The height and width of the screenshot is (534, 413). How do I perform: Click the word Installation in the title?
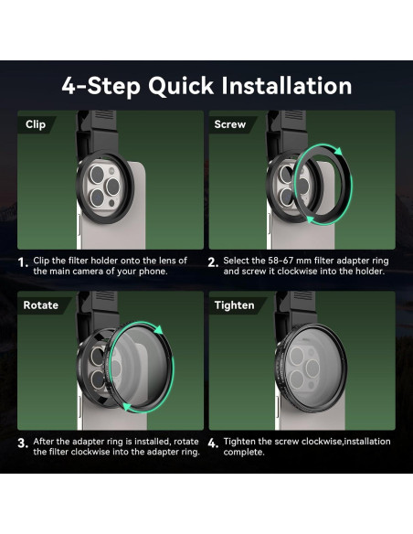coord(286,85)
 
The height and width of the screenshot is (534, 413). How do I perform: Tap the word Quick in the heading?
coord(181,87)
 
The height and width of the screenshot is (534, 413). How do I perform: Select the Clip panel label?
coord(36,124)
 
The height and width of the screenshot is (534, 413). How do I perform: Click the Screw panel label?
coord(229,124)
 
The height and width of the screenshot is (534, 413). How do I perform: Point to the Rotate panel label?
coord(40,305)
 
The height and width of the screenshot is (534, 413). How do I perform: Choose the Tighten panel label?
coord(234,305)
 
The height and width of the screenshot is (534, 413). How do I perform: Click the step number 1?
coord(23,263)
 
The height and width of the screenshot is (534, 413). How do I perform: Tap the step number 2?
coord(213,262)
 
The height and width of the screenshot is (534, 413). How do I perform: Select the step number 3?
coord(23,443)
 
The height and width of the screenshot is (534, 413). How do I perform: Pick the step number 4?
coord(213,443)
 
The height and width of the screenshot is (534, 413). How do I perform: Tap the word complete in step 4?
coord(244,453)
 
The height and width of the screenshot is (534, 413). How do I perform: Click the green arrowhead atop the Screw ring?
coord(338,151)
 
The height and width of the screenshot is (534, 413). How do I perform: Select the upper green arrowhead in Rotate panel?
coord(159,329)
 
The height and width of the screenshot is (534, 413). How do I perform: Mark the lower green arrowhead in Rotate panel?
coord(127,407)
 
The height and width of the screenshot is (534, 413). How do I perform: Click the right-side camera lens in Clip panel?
coord(112,187)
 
